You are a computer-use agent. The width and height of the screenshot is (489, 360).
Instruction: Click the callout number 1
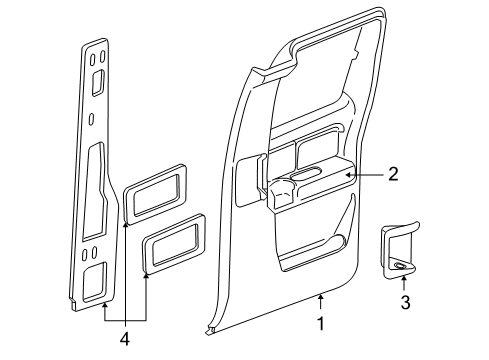321,324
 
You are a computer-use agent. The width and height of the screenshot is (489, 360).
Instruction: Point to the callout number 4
126,338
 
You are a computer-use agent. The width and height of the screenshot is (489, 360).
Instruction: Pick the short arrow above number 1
321,303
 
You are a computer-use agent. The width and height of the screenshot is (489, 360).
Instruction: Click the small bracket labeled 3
397,259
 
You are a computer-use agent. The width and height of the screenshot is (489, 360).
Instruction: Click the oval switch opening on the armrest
304,179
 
